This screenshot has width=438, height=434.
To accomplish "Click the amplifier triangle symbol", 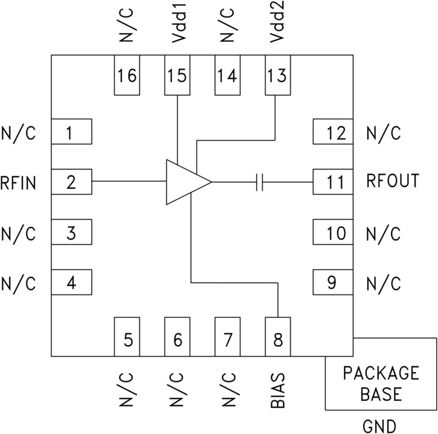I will click(185, 182).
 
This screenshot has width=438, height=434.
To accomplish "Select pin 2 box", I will click(72, 182).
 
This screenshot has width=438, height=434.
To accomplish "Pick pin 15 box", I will click(177, 75).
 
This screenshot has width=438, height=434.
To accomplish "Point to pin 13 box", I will click(277, 75).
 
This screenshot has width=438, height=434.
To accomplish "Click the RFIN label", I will click(18, 183).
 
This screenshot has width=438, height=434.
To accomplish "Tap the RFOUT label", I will click(392, 181).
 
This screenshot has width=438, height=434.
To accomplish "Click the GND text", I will click(379, 425).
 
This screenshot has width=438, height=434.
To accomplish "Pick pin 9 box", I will click(332, 282).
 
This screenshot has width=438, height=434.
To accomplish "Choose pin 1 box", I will click(72, 132).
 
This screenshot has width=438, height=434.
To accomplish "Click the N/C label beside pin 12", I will click(383, 133).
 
